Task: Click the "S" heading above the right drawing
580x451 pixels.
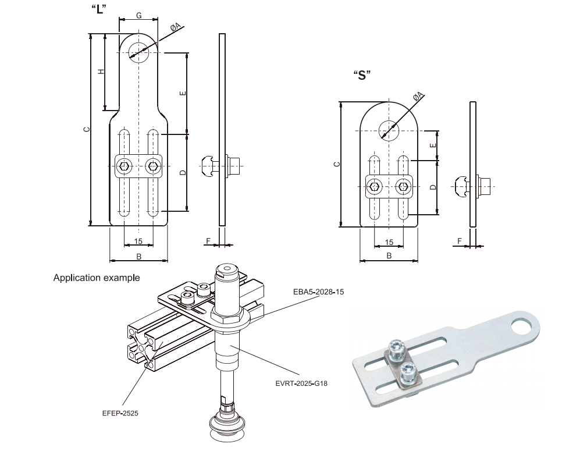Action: coord(362,75)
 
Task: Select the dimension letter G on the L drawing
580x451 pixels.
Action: coord(138,15)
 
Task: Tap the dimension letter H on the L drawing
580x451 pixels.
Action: coord(101,71)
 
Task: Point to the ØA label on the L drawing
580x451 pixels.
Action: coord(175,26)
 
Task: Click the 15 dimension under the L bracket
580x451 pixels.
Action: coord(138,241)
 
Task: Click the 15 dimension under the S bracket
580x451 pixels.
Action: coord(389,242)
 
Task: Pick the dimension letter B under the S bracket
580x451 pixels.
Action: coord(389,255)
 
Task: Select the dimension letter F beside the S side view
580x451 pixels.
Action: coord(460,240)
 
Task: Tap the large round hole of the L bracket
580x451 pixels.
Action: coord(139,52)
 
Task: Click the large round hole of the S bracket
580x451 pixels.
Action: coord(389,129)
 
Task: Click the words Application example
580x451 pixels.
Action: coord(97,278)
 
